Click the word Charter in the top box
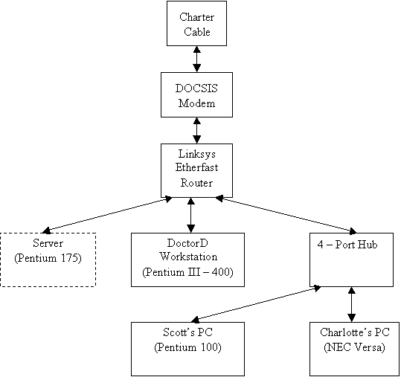pos(196,17)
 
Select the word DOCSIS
pos(196,88)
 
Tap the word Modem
pos(196,103)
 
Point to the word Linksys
pos(196,154)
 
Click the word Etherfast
pos(196,167)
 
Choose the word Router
pos(196,183)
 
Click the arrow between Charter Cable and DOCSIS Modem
pos(196,59)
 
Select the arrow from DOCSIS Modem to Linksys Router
pos(196,130)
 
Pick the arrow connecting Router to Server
pos(106,215)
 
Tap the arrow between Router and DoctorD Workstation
pos(190,215)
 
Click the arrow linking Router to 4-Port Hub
pos(286,215)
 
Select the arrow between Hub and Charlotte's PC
pos(352,304)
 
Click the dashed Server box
pos(48,233)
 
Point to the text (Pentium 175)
pos(48,258)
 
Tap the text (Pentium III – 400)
pos(187,272)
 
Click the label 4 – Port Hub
pos(347,245)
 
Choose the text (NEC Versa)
pos(354,347)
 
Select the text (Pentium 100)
pos(187,347)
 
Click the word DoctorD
pos(187,243)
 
